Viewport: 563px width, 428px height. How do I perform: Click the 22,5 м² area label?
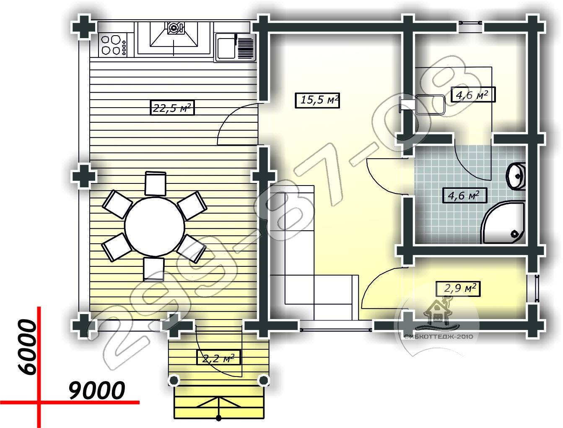point(172,108)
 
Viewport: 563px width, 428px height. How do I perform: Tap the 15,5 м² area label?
point(317,100)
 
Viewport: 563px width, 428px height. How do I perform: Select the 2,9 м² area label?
point(458,289)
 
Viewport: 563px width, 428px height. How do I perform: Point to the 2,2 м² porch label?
point(218,357)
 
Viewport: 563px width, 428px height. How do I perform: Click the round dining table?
point(155,226)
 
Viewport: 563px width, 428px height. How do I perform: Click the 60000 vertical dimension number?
point(27,348)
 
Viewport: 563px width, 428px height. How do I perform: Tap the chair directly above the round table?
point(155,184)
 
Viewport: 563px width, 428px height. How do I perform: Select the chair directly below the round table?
point(154,268)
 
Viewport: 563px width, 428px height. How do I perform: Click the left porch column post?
point(174,380)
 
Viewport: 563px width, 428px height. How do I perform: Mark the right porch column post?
point(263,380)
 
